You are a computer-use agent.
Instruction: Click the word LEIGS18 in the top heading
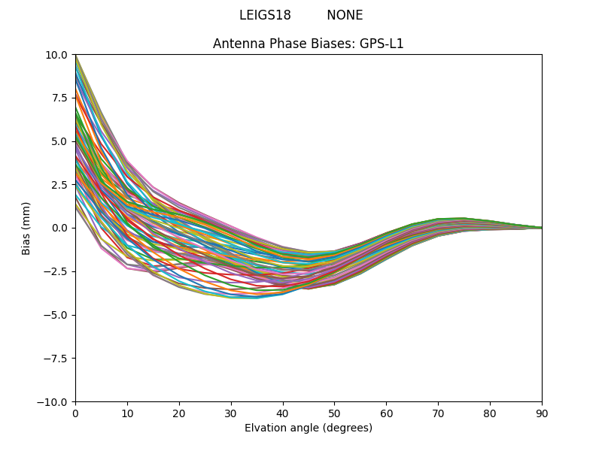[x=265, y=16]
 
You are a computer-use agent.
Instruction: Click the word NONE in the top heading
[x=345, y=16]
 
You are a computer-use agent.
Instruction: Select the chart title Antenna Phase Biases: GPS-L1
[x=309, y=44]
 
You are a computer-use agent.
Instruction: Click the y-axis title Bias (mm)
[x=26, y=228]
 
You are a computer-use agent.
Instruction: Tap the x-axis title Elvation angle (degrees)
[x=309, y=428]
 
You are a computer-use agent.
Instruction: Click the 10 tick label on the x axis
[x=127, y=413]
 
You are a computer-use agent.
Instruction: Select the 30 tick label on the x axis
[x=231, y=413]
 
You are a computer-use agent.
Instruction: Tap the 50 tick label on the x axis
[x=334, y=413]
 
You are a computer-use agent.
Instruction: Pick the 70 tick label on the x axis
[x=438, y=413]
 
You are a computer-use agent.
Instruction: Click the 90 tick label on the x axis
[x=541, y=413]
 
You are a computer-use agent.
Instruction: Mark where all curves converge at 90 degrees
[x=541, y=228]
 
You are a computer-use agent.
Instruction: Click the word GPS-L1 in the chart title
[x=384, y=44]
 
